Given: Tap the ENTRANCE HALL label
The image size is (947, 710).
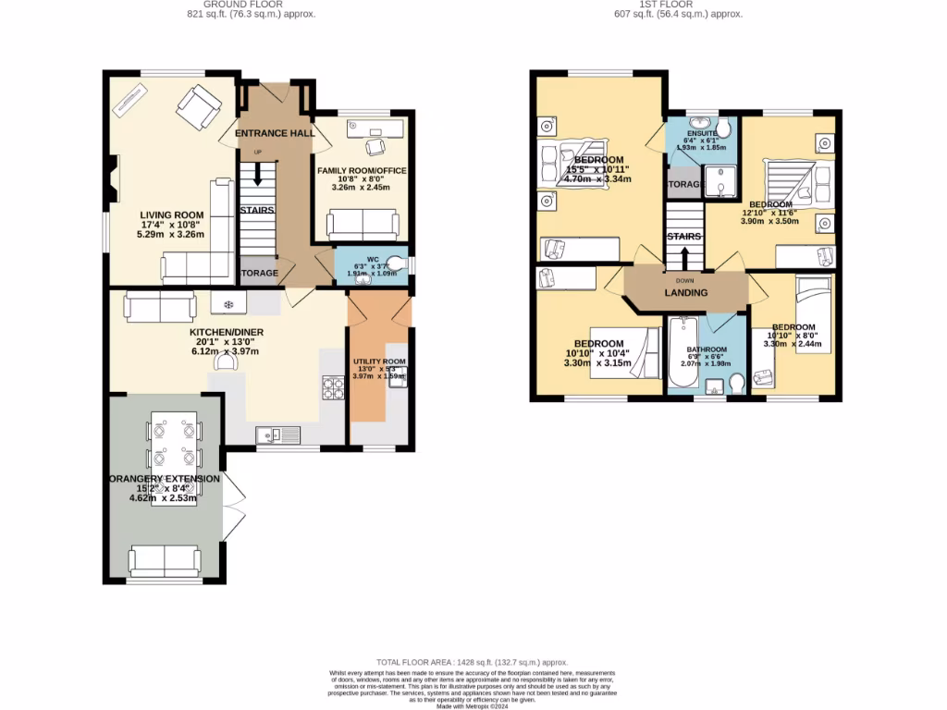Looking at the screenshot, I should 275,133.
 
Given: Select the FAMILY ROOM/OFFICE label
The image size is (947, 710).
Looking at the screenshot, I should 363,171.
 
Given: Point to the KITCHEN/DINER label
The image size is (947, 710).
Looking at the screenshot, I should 227,332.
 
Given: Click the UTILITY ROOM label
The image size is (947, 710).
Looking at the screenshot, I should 379,361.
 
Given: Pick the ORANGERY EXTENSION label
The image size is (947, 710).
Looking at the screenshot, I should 164,479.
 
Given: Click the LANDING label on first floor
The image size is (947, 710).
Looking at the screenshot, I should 686,293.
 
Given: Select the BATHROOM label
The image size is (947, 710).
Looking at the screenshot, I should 707,349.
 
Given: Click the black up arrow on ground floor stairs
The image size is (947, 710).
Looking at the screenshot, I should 257,174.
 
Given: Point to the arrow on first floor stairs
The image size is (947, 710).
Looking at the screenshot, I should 684,254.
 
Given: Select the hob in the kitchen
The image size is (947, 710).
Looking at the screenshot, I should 332,386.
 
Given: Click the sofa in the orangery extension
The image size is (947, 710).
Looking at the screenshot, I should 165,559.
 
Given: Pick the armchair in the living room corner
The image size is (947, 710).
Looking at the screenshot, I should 199,107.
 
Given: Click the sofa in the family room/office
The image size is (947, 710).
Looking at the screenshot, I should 363,224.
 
